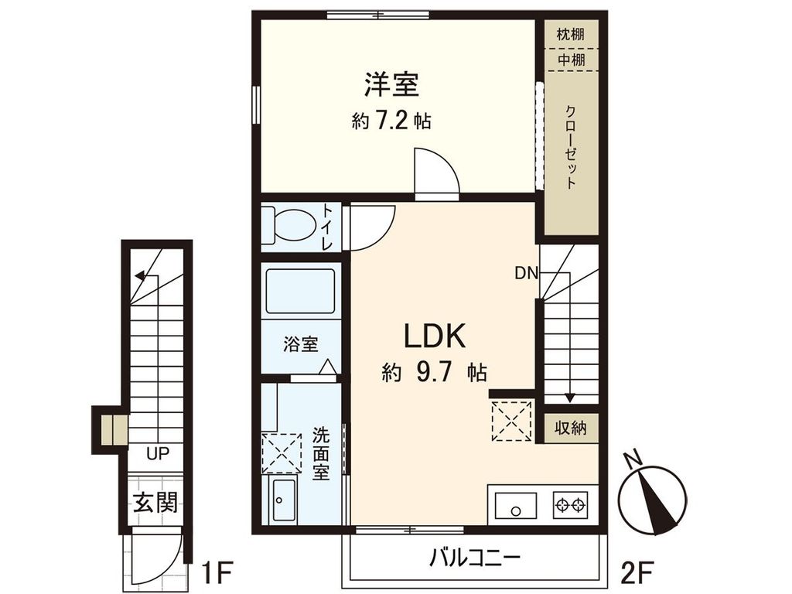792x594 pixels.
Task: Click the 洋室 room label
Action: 392,84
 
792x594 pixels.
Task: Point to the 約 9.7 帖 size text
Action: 434,374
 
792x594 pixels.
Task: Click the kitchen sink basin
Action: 514,508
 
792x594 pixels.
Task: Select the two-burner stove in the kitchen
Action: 570,507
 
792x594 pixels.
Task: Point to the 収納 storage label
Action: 570,428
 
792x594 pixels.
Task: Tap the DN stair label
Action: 526,273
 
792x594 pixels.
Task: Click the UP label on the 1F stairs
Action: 158,454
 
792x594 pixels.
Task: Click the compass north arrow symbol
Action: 653,495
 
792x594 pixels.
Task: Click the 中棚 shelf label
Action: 570,58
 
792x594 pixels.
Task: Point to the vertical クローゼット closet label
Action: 571,146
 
